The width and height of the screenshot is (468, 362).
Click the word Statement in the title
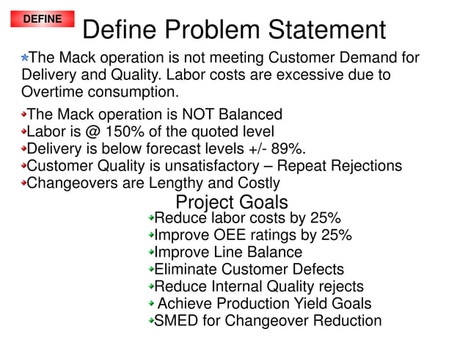coord(324,30)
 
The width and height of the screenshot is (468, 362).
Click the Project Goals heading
coord(232,202)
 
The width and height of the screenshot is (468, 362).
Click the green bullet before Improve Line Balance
coord(150,253)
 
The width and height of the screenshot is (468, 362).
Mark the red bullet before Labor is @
coord(23,132)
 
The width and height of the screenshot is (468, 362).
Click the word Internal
coord(237,286)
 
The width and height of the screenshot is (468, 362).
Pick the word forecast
coord(181,148)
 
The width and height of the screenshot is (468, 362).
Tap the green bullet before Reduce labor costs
coord(150,218)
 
